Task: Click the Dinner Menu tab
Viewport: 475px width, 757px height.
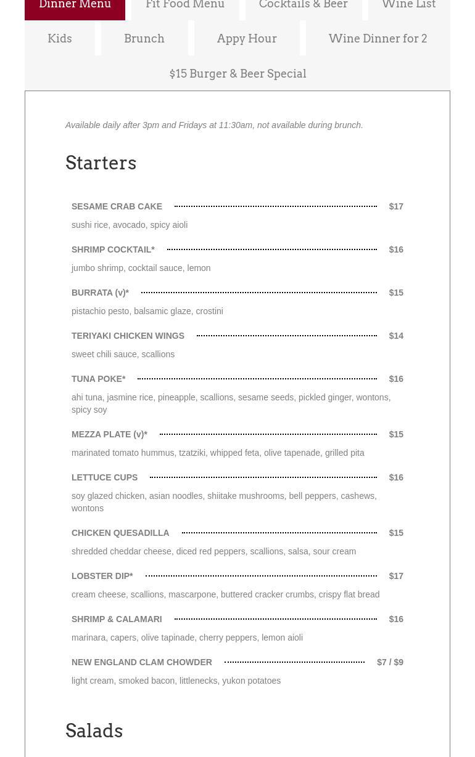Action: [x=75, y=6]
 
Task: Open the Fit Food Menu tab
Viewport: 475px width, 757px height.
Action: [x=185, y=6]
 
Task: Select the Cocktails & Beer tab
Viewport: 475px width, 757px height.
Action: [x=303, y=6]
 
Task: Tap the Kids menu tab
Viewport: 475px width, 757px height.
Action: [x=60, y=38]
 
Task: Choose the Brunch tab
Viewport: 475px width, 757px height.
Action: [x=144, y=38]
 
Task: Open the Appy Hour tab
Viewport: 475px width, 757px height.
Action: [x=247, y=38]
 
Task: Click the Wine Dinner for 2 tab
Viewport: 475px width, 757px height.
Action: [x=378, y=38]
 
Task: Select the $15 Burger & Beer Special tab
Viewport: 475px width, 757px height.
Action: [x=238, y=73]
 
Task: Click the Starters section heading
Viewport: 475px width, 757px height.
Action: [x=101, y=163]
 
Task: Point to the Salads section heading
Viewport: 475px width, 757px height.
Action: [x=94, y=731]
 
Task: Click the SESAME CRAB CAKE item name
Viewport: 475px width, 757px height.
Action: [x=117, y=206]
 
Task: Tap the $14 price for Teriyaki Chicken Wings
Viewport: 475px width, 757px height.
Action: [x=396, y=336]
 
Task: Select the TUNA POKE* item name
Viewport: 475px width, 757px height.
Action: [x=99, y=379]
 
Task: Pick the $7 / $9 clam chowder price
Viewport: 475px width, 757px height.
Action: [x=390, y=662]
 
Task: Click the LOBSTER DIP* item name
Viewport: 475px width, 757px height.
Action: [x=102, y=576]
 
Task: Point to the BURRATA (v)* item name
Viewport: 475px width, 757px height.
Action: [x=100, y=293]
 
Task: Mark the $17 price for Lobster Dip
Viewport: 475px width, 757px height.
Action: [x=396, y=576]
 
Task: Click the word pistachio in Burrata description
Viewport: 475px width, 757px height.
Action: [x=89, y=311]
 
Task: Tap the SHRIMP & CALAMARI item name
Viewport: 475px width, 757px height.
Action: [x=117, y=619]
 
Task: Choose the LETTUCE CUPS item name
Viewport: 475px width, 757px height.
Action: [x=104, y=477]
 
